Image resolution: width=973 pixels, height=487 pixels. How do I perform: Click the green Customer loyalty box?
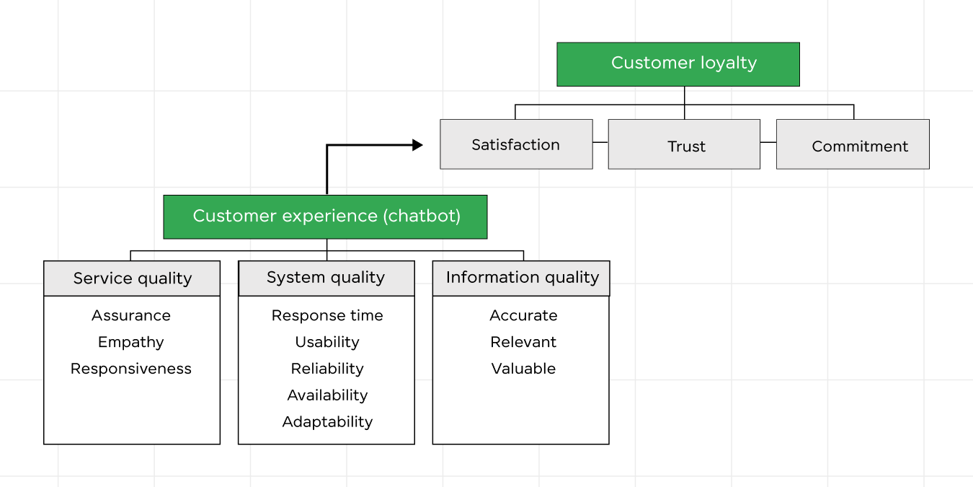click(x=677, y=64)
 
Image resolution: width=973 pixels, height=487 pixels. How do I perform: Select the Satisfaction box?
click(x=516, y=144)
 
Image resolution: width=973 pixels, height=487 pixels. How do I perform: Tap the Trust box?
click(x=684, y=145)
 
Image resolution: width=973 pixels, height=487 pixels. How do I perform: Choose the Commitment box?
click(x=853, y=145)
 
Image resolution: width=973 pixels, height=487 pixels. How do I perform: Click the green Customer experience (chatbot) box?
click(x=325, y=216)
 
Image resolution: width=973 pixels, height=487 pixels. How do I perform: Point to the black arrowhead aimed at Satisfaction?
click(x=417, y=145)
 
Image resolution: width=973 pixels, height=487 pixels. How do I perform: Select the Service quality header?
click(x=132, y=278)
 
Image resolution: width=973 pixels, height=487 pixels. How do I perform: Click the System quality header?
click(x=326, y=278)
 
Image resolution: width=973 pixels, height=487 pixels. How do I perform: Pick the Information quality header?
click(x=521, y=278)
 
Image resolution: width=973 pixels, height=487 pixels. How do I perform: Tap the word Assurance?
click(x=131, y=315)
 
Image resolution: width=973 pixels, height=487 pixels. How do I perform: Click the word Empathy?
click(x=131, y=342)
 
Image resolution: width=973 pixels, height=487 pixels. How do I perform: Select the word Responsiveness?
click(x=131, y=369)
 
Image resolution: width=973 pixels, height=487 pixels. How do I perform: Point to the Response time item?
click(x=327, y=315)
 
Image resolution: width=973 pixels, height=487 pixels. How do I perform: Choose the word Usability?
click(x=327, y=342)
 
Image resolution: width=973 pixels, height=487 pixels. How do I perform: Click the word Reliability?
click(x=327, y=369)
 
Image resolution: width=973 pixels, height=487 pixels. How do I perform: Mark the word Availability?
click(x=327, y=395)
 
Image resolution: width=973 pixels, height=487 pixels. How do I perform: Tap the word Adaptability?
click(x=327, y=422)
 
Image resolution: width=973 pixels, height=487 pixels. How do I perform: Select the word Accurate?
click(x=523, y=315)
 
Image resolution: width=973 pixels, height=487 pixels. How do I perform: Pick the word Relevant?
click(x=523, y=342)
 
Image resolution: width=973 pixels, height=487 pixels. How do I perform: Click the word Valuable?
click(x=523, y=369)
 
